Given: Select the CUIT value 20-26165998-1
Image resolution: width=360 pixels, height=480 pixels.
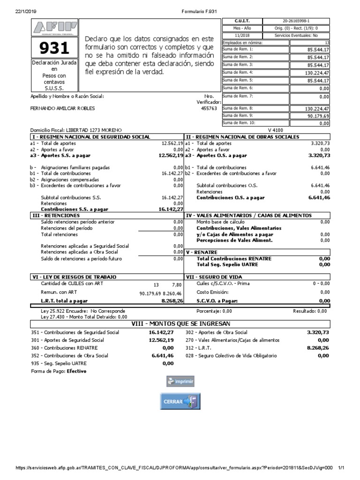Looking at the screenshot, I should tap(296, 21).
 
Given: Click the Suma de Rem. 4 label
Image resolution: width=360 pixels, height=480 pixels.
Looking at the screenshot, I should tap(238, 73).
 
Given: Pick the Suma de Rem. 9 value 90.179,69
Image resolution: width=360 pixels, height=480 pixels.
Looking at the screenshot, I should tap(319, 116).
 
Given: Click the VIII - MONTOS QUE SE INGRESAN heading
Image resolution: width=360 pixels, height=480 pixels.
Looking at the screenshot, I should tap(180, 323).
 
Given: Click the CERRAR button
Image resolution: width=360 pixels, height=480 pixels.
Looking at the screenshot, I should tap(180, 401).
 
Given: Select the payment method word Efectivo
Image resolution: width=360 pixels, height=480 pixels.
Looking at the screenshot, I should tap(76, 371).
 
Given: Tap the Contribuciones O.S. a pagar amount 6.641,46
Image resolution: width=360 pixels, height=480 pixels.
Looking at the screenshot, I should tap(319, 198).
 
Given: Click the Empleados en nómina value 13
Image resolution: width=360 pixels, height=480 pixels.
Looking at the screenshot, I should tap(327, 42).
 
